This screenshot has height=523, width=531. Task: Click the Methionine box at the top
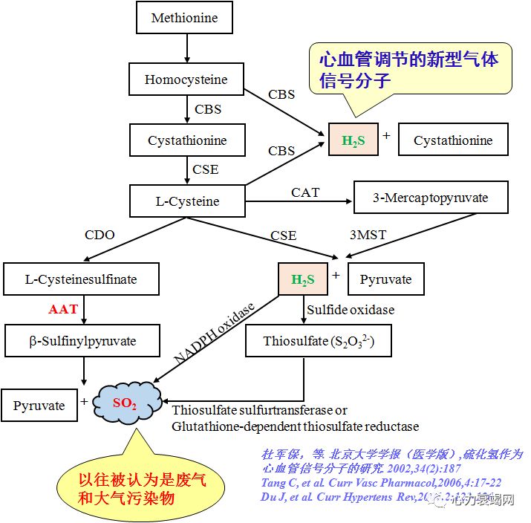(185, 18)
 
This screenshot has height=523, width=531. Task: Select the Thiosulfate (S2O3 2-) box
(319, 342)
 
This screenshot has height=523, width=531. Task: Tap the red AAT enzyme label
(63, 310)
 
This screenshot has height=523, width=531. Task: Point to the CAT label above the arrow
(305, 192)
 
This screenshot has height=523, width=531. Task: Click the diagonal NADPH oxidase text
(215, 332)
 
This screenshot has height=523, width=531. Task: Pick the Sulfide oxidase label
(349, 309)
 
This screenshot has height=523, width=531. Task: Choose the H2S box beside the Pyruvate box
(303, 280)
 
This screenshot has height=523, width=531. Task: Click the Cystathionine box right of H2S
(453, 140)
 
